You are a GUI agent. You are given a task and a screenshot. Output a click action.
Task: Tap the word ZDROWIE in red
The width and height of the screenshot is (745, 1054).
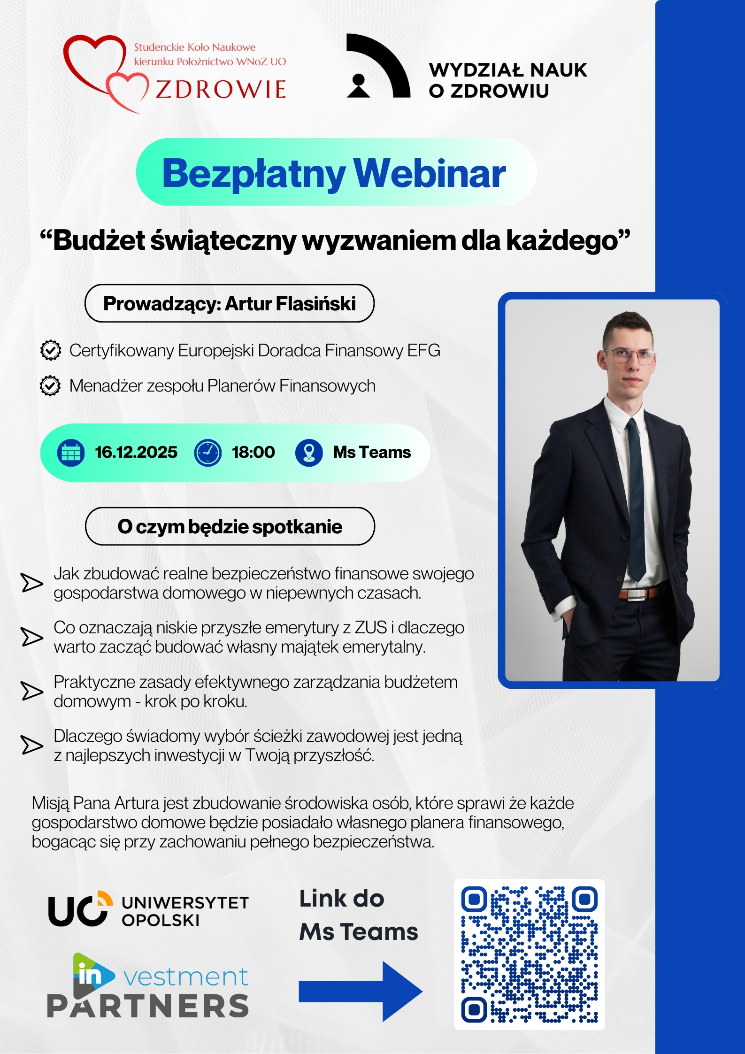coord(221,89)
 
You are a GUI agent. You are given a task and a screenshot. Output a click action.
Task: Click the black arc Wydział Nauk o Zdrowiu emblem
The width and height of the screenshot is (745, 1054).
coord(378,66)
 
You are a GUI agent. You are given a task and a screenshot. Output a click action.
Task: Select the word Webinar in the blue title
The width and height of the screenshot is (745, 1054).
coord(430,173)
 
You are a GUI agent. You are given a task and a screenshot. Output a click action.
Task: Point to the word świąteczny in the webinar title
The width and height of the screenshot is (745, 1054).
coord(223,241)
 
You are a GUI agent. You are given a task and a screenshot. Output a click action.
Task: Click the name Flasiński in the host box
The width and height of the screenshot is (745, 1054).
coord(316,303)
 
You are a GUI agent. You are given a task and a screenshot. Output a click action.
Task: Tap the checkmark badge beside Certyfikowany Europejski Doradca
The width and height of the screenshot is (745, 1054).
coord(51,350)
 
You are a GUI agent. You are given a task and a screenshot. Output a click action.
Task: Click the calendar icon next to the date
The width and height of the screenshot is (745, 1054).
coord(71,453)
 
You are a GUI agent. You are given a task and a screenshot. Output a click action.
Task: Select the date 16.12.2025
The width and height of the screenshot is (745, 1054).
coord(136,452)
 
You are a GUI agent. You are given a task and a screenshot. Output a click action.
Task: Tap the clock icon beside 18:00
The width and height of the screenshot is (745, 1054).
coord(207,453)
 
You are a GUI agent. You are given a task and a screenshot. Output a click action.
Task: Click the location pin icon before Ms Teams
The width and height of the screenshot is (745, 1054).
coord(309,453)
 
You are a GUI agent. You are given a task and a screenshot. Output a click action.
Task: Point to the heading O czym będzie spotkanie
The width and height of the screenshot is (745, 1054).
coord(230,526)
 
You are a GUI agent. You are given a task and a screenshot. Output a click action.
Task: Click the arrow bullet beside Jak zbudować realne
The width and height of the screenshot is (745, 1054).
coord(32,583)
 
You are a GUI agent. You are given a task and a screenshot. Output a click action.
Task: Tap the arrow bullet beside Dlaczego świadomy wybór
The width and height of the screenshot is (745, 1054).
coord(32,745)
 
